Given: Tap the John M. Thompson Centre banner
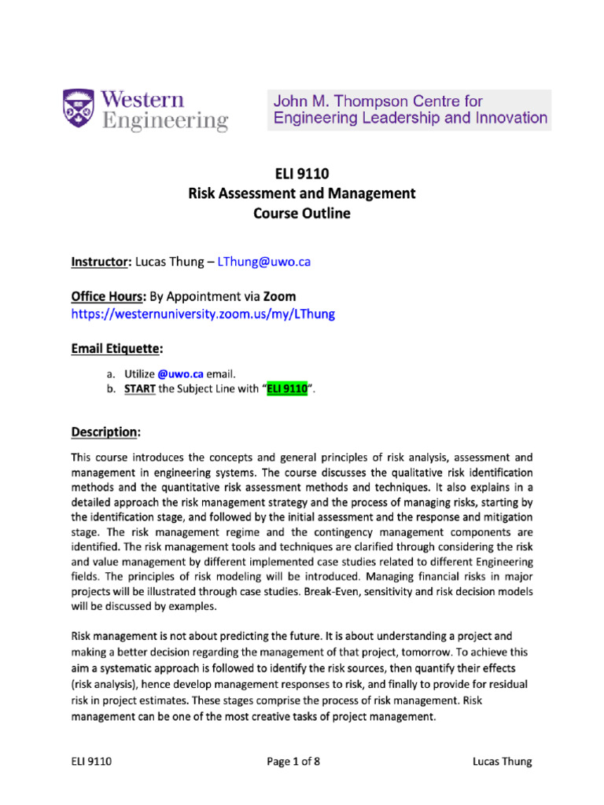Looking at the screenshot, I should [409, 109].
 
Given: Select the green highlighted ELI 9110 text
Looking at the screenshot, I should [286, 391].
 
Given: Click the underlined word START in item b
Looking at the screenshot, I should [140, 391].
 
